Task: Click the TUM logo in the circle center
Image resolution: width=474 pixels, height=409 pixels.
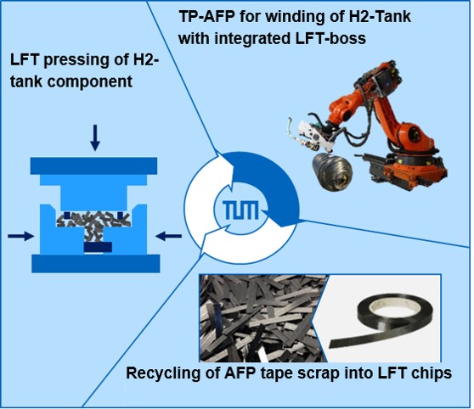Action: coord(241,210)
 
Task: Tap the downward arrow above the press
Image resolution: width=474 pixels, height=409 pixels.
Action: coord(95,137)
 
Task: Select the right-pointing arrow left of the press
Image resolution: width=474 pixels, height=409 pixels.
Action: coord(21,236)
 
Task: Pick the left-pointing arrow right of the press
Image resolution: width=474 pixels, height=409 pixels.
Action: coord(168,236)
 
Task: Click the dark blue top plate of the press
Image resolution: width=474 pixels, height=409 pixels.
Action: coord(93,165)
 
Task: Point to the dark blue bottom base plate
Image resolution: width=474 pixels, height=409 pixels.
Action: coord(96,263)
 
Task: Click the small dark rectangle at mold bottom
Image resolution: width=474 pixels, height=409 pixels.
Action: coord(98,247)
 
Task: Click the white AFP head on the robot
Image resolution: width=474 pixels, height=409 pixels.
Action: coord(313,136)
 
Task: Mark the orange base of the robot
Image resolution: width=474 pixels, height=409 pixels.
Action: coord(415,169)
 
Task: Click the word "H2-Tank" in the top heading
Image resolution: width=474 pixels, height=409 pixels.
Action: coord(380,16)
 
